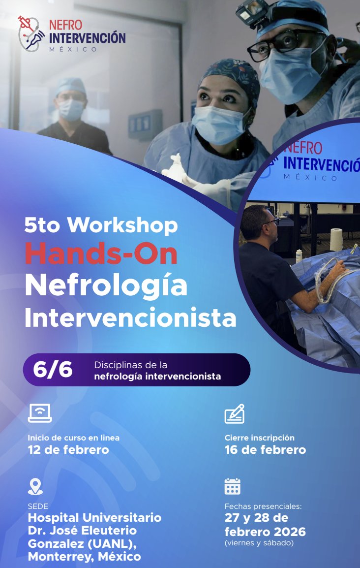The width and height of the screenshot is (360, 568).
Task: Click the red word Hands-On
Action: coord(101,255)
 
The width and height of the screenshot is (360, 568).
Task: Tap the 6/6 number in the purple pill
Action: coord(53,370)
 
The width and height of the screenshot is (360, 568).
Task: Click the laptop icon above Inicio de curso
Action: coord(40,413)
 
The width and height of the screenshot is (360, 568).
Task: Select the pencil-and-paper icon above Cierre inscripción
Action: coord(235,414)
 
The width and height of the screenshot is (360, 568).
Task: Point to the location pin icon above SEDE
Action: coord(35,487)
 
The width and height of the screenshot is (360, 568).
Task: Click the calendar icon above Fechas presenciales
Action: coord(233,486)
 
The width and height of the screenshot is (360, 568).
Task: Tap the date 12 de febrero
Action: coord(68,450)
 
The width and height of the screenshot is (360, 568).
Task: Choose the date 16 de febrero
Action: coord(265,450)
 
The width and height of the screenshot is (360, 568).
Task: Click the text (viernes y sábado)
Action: coord(259,543)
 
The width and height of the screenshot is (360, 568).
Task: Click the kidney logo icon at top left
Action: coord(30,33)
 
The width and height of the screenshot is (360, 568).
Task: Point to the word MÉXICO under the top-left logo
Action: coord(73,49)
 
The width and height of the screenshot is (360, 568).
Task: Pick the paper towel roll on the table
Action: coord(336,240)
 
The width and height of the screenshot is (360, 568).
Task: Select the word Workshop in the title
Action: coord(122,226)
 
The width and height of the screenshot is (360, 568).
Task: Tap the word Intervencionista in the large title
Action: coord(130,318)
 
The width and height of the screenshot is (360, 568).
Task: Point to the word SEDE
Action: coord(38,506)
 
